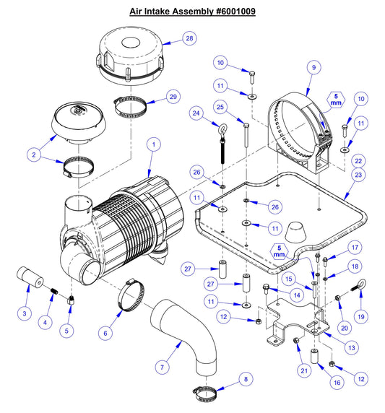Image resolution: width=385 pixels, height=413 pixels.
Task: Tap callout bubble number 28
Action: (189, 38)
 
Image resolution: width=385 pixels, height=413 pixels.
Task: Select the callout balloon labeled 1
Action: (152, 145)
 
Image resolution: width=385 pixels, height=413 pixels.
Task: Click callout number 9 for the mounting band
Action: (313, 67)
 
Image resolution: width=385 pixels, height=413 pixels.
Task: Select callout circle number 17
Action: (354, 247)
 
